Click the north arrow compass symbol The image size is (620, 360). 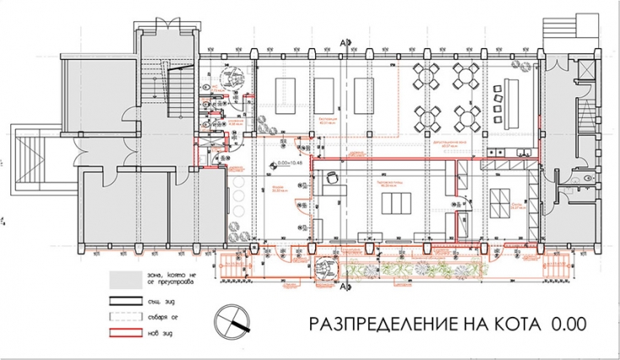click(235, 323)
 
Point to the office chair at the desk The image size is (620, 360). click(333, 177)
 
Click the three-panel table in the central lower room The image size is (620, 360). click(394, 204)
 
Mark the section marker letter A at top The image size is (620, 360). click(343, 41)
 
